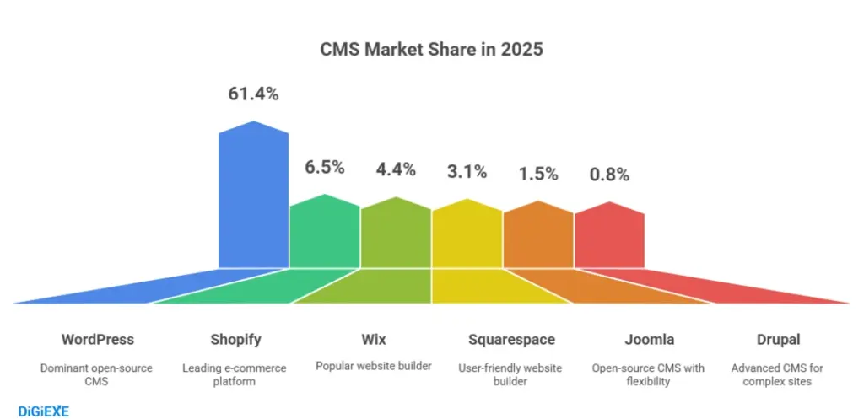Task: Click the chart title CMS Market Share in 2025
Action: (431, 50)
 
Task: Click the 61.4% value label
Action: (253, 94)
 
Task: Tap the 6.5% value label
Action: (325, 167)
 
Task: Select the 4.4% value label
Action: (396, 169)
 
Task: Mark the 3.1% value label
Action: (467, 171)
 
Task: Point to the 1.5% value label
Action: (538, 174)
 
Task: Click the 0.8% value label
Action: (609, 175)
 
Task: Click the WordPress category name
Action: (97, 340)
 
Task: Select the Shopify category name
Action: (235, 340)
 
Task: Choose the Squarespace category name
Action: (511, 340)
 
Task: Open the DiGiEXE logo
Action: (43, 411)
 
